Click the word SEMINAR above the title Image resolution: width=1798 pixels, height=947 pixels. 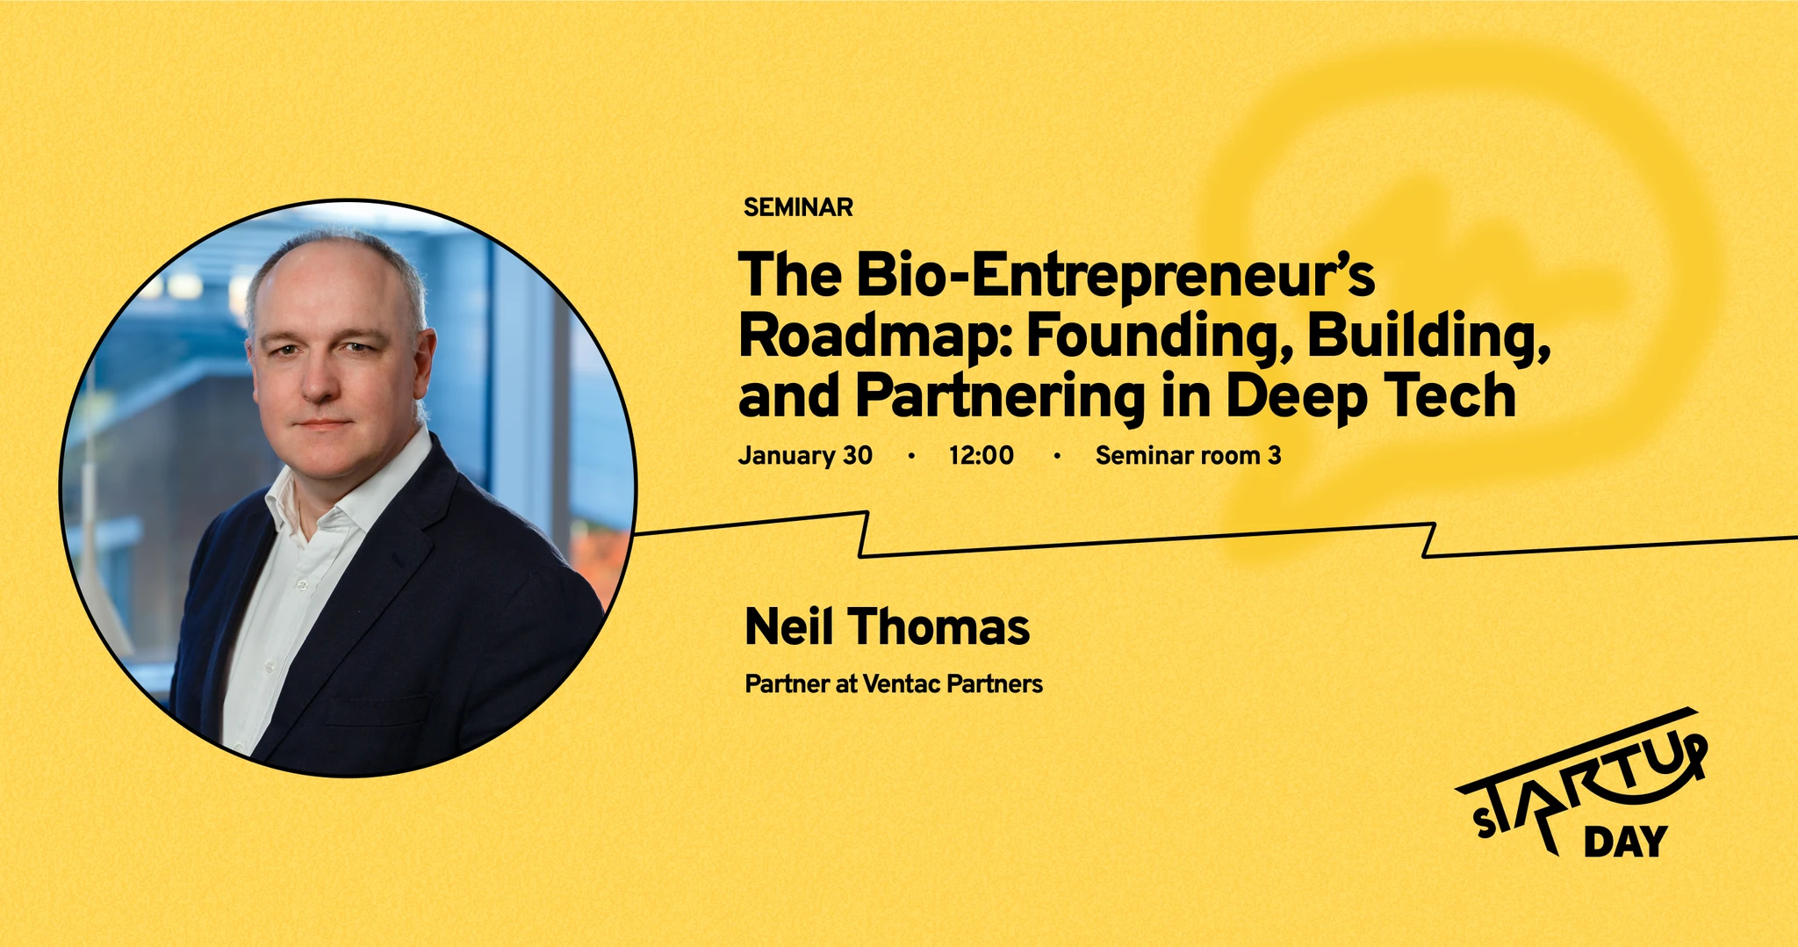pos(798,207)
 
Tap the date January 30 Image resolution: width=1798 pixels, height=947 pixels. pos(805,455)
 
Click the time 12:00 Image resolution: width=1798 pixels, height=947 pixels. pos(982,455)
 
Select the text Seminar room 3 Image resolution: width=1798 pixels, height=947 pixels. pos(1188,455)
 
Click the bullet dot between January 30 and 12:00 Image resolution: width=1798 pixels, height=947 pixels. pos(911,455)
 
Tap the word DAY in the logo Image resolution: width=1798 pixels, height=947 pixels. pos(1625,842)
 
